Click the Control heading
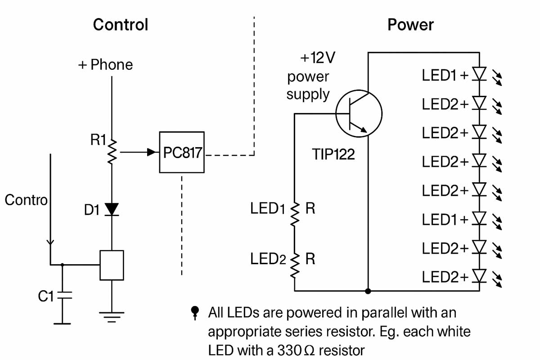[120, 25]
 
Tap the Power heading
[410, 25]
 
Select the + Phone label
[106, 65]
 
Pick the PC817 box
[182, 153]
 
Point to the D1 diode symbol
[112, 209]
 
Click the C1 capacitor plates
[63, 296]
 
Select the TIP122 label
[333, 155]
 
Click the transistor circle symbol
[359, 113]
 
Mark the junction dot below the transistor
[368, 291]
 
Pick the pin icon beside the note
[195, 312]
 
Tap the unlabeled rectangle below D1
[112, 265]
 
